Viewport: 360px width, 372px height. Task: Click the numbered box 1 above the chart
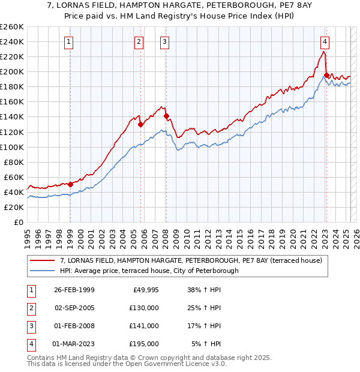pos(70,42)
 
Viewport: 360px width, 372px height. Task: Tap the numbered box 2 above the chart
pos(139,42)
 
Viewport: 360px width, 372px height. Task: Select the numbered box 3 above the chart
pos(164,42)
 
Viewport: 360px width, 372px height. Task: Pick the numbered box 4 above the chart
pos(324,42)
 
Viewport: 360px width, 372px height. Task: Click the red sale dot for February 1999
pos(70,184)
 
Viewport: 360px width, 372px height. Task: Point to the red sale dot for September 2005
pos(140,124)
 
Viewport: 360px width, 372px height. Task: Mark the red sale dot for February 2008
pos(166,116)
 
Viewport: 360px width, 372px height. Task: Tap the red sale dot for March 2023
pos(326,76)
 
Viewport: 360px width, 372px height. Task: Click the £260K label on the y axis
pos(12,27)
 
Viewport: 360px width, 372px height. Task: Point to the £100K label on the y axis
pos(12,147)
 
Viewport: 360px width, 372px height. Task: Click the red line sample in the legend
pos(43,260)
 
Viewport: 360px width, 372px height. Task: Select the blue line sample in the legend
pos(43,271)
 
